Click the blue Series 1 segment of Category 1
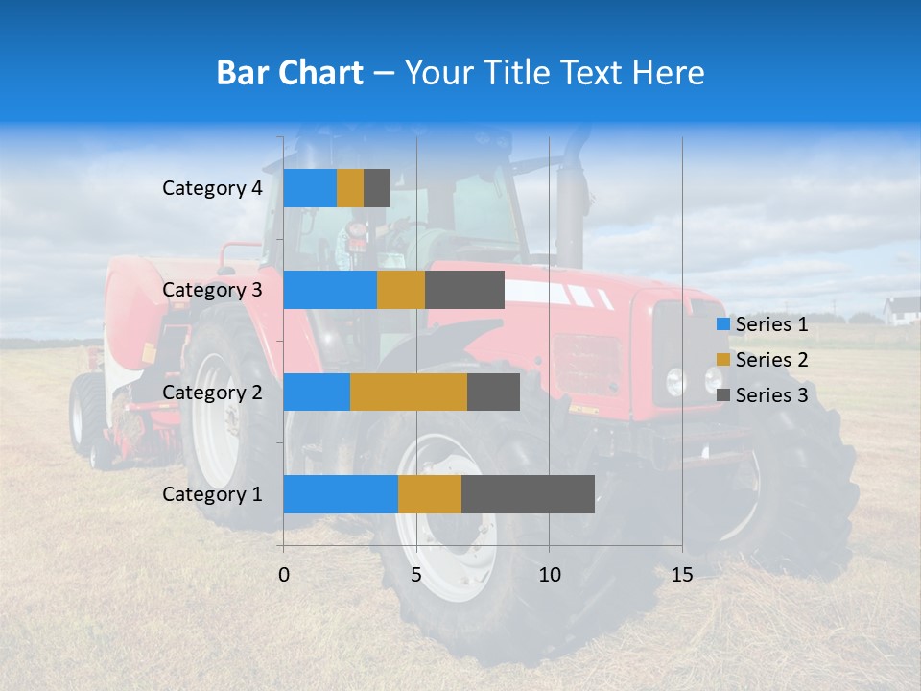click(341, 494)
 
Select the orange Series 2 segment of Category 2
click(409, 392)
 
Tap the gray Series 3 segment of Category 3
click(464, 290)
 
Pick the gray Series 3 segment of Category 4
click(377, 188)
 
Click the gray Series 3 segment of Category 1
click(528, 494)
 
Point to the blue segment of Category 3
click(330, 290)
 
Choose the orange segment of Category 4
click(350, 188)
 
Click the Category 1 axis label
click(212, 494)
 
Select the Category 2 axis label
click(212, 392)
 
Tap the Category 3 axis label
click(212, 290)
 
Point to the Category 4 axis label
click(212, 188)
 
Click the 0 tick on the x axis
click(284, 575)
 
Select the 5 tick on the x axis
click(416, 575)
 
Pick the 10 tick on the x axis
click(549, 575)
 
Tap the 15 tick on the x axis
click(681, 575)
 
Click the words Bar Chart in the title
click(290, 73)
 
